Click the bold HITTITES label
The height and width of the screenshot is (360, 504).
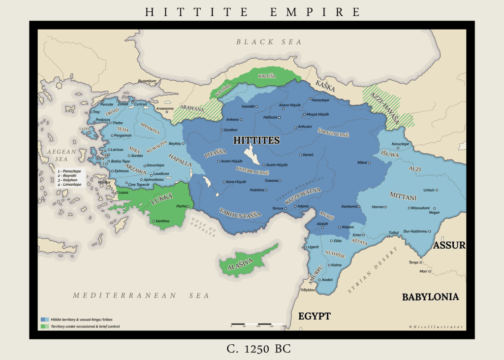(256, 140)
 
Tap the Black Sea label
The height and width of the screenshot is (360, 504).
(269, 42)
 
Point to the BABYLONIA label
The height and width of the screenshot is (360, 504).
(430, 297)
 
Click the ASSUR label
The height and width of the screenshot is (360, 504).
(449, 245)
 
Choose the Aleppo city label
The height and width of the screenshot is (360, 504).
(348, 227)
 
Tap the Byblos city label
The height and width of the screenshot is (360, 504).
(309, 290)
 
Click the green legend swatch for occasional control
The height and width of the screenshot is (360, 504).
(45, 326)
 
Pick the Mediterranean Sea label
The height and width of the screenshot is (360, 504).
(141, 295)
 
